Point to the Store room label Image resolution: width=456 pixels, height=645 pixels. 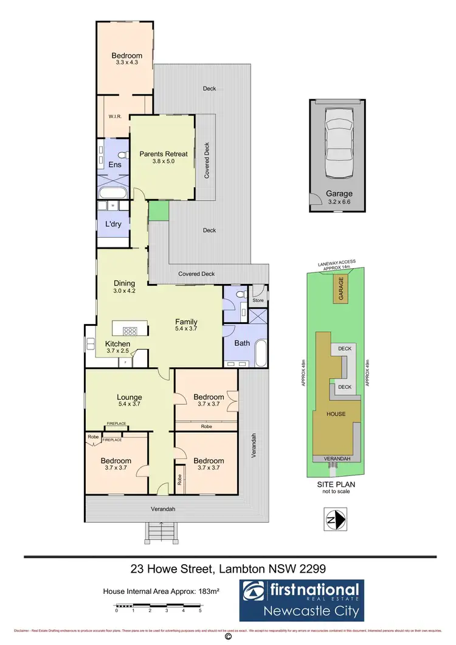click(258, 300)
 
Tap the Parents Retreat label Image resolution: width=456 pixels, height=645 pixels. click(164, 158)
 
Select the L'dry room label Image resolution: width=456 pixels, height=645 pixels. click(112, 224)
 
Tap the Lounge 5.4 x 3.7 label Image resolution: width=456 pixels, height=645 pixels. click(130, 400)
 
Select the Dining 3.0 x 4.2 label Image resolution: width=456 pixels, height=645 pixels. click(124, 286)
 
